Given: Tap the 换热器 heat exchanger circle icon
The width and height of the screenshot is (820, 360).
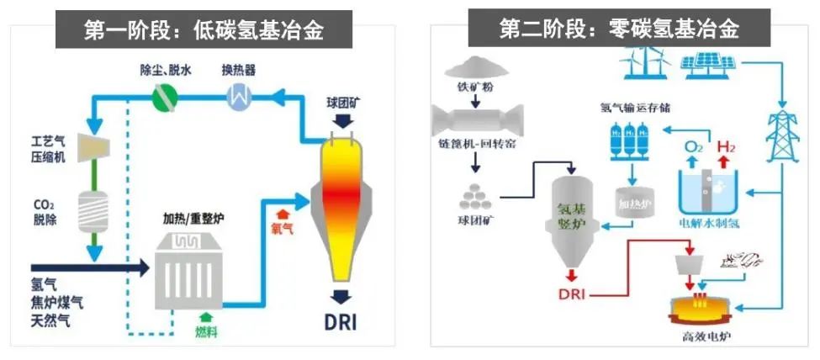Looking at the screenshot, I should (239, 98).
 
